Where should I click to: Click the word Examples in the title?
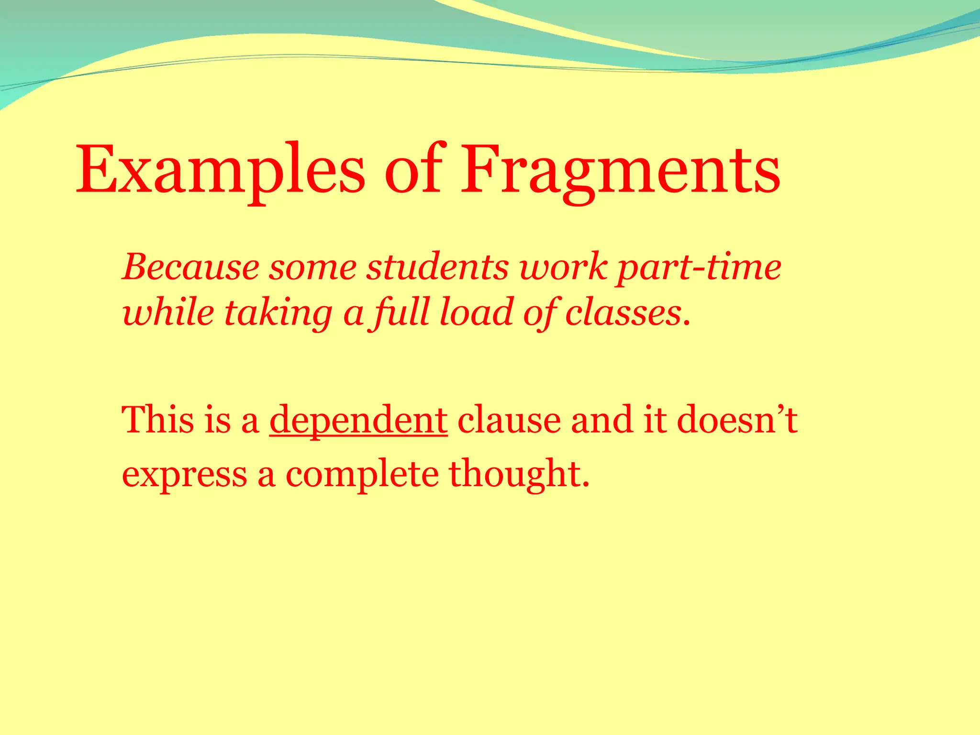pos(220,171)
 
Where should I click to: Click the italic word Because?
pos(190,267)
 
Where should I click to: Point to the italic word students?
pos(437,267)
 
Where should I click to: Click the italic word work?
pos(564,267)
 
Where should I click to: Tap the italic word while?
pos(168,312)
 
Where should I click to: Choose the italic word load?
pos(476,312)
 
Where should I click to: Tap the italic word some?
pos(312,267)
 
